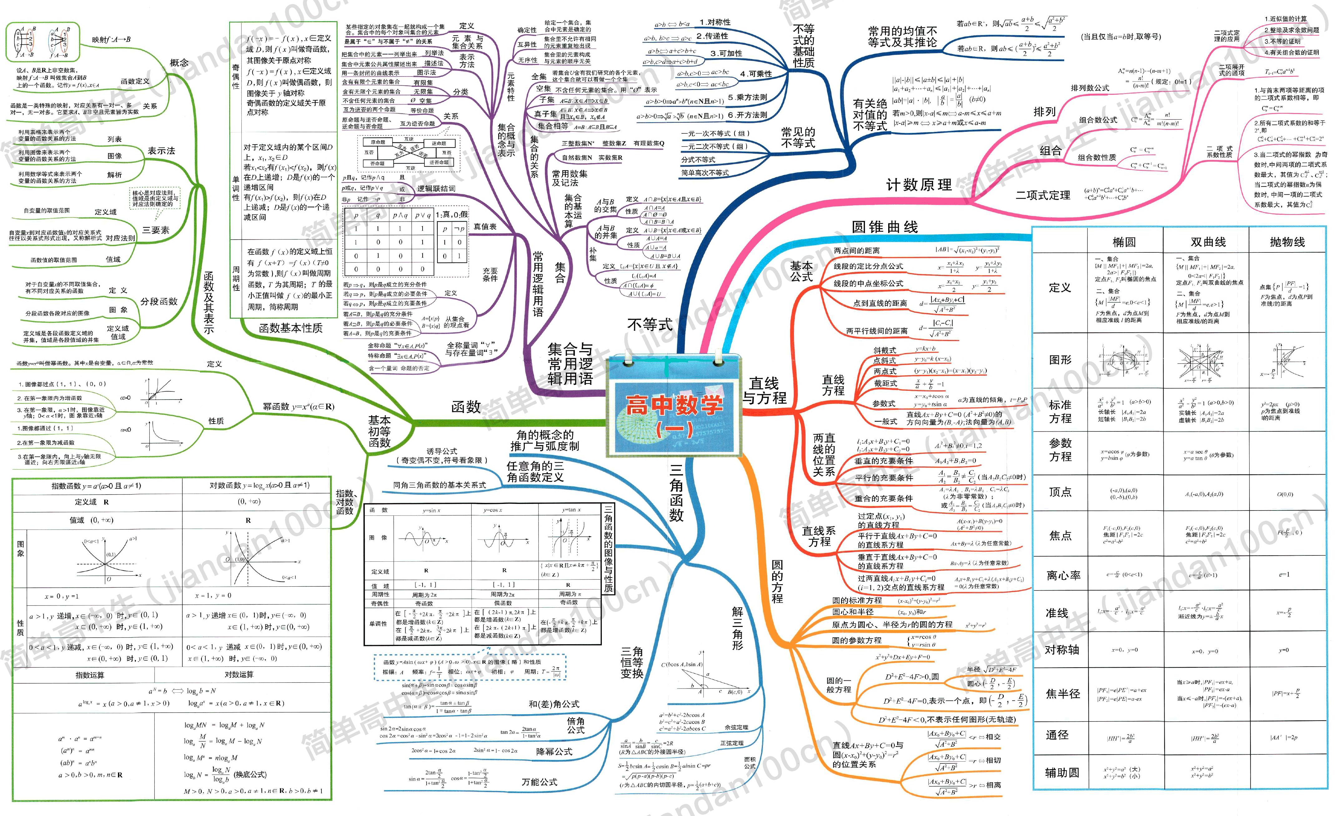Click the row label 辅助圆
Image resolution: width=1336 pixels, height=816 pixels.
tap(1061, 772)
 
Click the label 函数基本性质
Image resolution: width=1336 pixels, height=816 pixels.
tap(291, 328)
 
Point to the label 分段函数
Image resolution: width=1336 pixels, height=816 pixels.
tap(159, 302)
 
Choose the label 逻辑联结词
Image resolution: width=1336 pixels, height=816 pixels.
tap(436, 188)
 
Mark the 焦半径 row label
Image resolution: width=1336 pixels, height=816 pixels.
tap(1063, 694)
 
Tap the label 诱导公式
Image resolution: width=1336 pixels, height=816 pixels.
tap(441, 451)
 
